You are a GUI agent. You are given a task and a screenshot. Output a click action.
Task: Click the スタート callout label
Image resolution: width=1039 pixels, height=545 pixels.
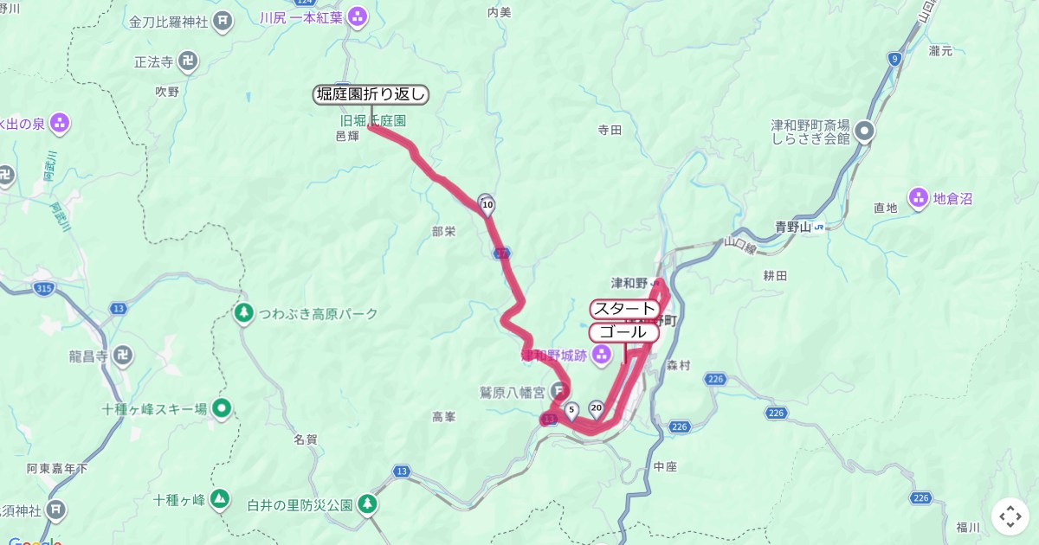624,309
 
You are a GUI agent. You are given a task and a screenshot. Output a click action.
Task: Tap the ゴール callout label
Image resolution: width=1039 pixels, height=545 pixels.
618,332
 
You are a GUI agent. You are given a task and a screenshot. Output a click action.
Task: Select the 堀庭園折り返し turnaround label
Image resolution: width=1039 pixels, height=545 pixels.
371,95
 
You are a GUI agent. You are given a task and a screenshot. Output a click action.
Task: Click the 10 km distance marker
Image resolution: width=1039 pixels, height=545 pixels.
487,205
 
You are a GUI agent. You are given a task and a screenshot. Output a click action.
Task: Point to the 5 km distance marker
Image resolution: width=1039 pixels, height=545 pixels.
571,408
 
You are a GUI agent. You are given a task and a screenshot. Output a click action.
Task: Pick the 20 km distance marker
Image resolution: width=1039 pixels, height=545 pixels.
596,407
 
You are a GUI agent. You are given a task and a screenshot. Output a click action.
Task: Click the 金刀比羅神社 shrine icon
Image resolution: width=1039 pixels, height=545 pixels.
223,20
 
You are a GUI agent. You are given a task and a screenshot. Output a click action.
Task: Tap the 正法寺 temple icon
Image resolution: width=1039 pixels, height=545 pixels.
188,61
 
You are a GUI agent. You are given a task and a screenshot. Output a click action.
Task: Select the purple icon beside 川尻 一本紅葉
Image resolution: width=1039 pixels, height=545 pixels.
358,16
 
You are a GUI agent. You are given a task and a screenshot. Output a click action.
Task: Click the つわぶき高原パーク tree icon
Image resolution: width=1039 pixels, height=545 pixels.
245,312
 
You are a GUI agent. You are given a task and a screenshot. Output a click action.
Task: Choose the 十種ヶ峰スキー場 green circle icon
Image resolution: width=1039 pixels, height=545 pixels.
222,408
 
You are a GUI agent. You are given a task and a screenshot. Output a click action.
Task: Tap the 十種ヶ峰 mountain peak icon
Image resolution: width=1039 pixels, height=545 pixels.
220,498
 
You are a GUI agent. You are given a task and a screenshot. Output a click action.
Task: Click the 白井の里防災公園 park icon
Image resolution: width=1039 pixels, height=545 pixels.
369,503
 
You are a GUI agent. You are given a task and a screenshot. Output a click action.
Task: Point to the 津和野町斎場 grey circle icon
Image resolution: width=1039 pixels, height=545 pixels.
864,131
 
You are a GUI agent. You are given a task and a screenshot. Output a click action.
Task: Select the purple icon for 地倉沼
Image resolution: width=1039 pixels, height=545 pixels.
918,198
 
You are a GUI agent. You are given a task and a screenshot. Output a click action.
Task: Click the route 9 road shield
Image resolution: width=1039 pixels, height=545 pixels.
894,59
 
